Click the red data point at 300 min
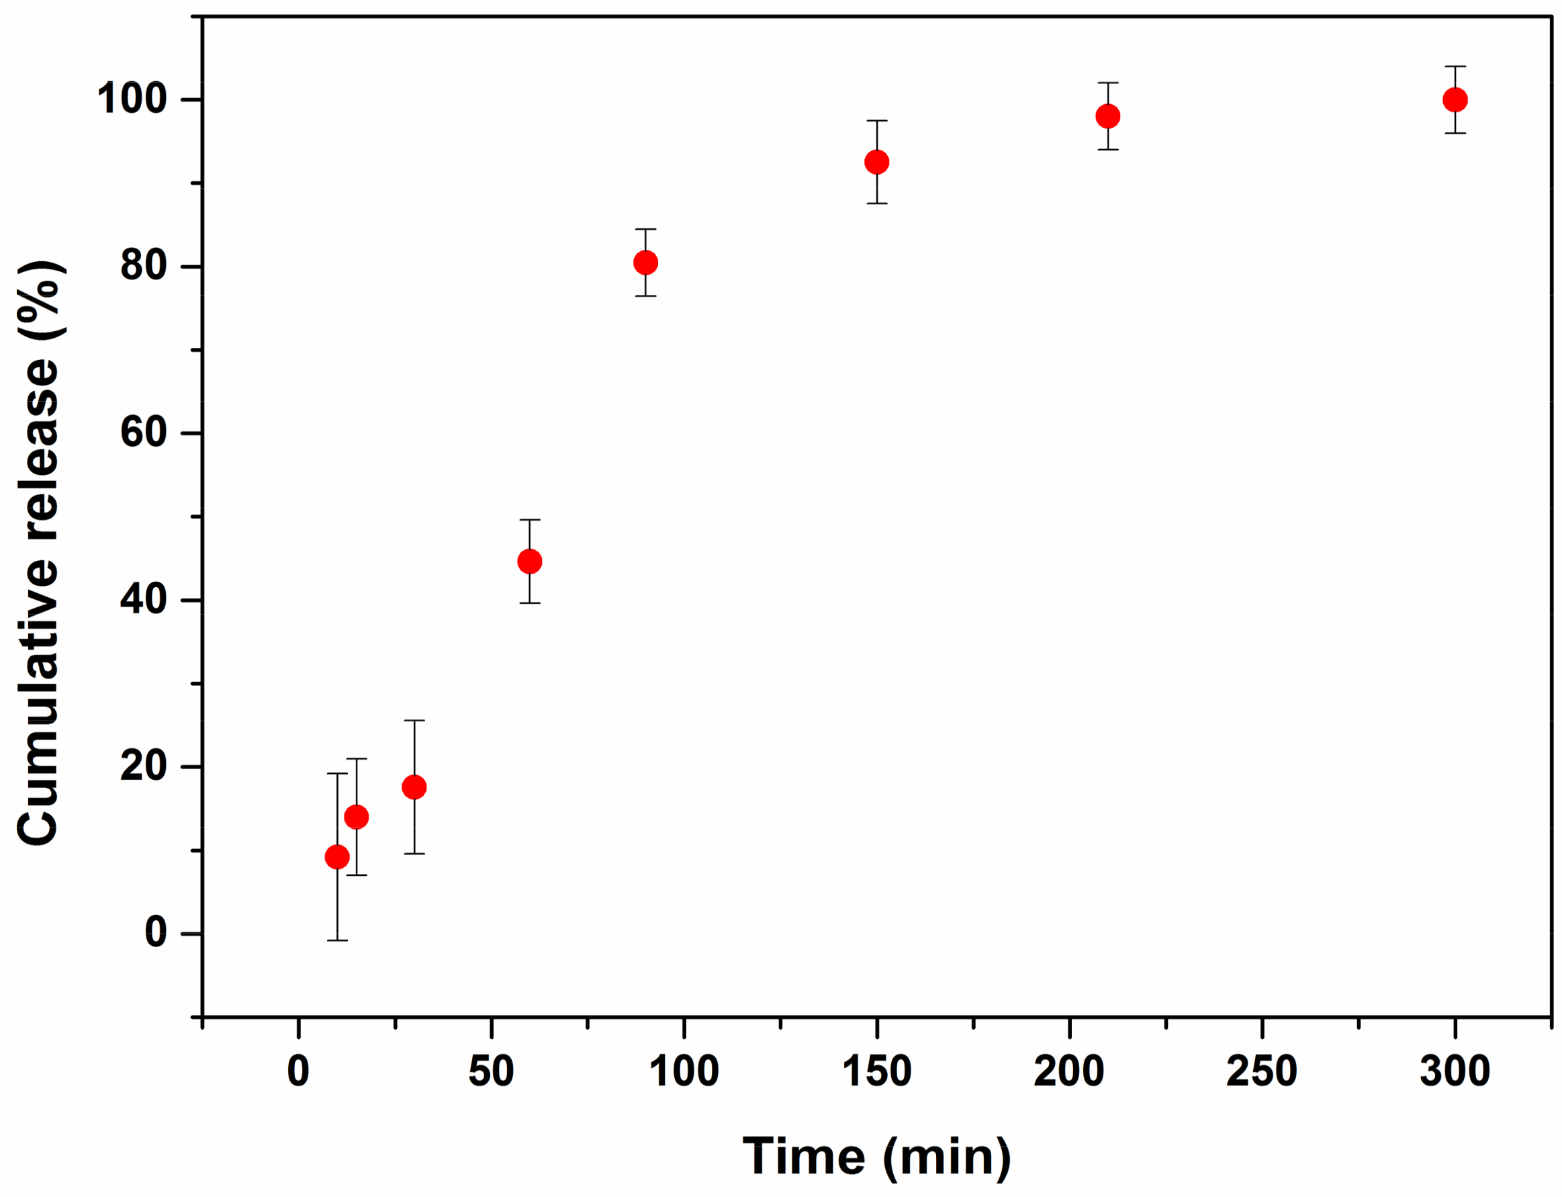point(1455,99)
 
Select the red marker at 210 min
point(1107,116)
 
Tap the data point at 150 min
point(877,163)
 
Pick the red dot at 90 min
point(645,263)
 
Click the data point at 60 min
point(530,562)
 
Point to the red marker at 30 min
point(414,787)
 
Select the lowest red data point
point(337,857)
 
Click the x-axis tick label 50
point(491,1071)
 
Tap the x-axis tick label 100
point(684,1071)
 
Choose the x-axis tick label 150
point(877,1071)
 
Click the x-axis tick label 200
point(1069,1071)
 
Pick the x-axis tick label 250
point(1261,1071)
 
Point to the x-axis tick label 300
point(1455,1071)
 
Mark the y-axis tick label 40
point(144,599)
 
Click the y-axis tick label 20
point(144,766)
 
